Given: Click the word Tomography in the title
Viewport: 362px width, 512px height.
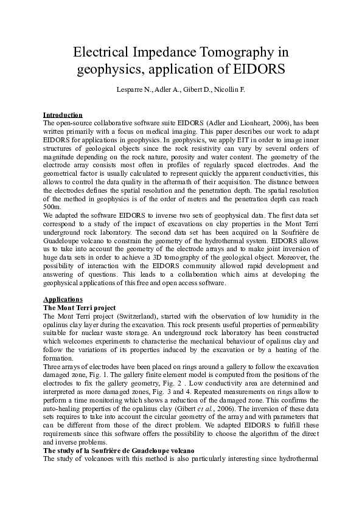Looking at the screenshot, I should point(237,51).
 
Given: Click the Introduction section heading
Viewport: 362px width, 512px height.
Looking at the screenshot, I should point(63,115).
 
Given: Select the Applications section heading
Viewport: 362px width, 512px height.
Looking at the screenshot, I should point(63,300).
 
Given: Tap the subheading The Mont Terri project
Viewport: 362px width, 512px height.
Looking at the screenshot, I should point(79,308).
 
